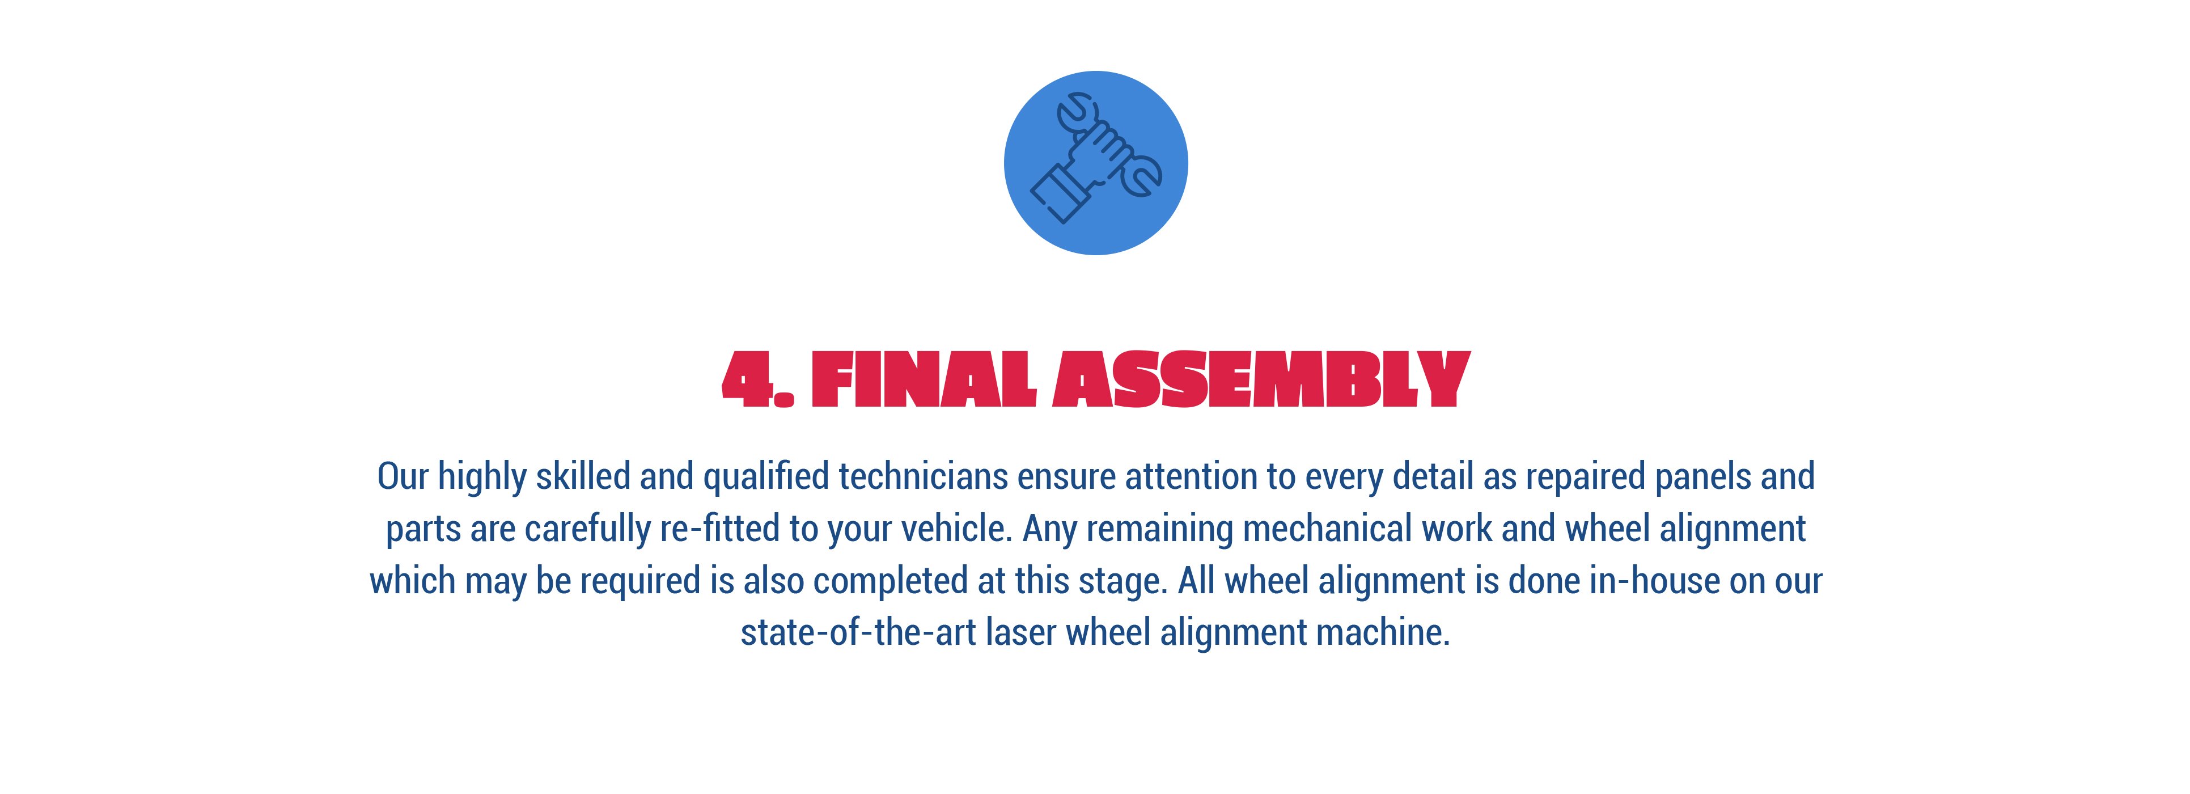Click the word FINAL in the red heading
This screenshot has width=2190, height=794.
point(924,379)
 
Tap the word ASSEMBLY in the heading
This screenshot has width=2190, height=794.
point(1261,379)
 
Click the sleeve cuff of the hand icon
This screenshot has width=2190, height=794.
point(1060,194)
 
